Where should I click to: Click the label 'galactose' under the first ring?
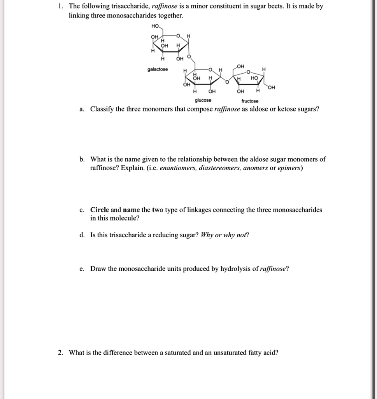[158, 69]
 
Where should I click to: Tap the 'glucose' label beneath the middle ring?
[203, 100]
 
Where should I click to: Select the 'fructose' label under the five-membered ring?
[250, 101]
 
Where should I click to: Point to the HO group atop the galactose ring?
[155, 26]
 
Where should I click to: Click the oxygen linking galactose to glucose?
[189, 56]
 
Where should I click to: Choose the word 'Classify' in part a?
[102, 109]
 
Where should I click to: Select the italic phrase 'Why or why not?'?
[225, 235]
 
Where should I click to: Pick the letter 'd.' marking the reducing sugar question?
[82, 235]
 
